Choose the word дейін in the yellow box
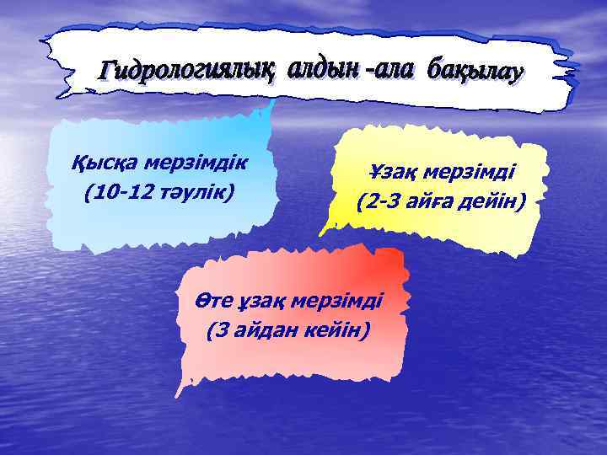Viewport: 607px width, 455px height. click(x=496, y=203)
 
